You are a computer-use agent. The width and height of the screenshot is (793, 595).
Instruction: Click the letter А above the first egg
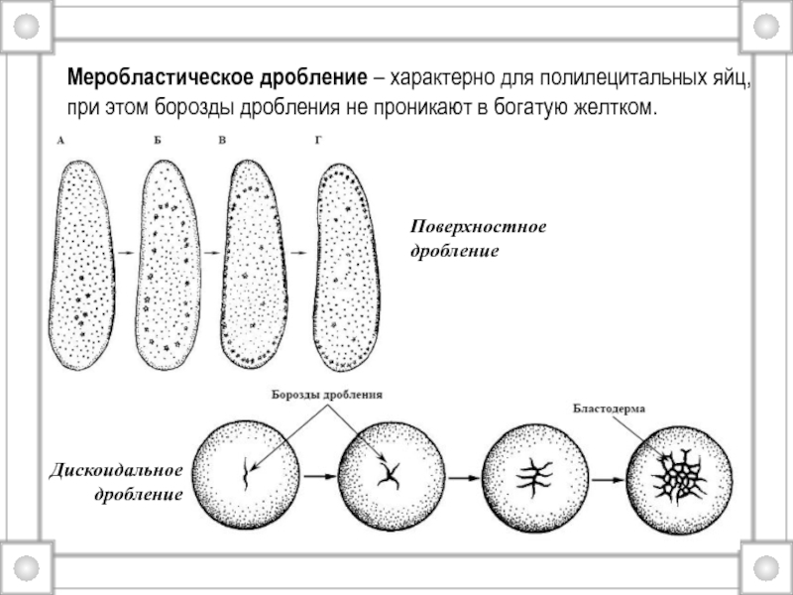(61, 142)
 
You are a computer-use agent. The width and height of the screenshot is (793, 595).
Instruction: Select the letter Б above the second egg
(157, 142)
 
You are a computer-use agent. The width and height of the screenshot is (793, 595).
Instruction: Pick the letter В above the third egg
(223, 142)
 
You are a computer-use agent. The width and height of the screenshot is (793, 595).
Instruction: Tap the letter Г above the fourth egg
(318, 142)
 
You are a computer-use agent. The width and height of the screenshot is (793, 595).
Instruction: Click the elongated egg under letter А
(81, 263)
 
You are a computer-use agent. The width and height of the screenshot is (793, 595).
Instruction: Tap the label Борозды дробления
(327, 395)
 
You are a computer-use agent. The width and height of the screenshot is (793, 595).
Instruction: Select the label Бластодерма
(610, 408)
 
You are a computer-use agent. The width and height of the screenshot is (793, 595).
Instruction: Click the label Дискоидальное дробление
(116, 480)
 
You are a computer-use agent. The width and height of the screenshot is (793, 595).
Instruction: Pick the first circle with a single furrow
(246, 472)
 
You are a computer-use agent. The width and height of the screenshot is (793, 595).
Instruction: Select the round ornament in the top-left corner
(26, 26)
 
